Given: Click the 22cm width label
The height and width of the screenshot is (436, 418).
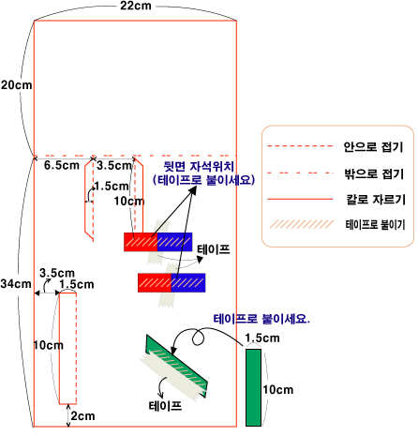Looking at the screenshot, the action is pos(136,6).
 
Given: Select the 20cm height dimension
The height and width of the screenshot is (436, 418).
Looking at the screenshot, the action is pos(16,85).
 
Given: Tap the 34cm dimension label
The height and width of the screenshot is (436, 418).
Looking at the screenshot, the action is pos(16,284).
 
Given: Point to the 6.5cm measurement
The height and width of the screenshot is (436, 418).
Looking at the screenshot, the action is pos(62,165).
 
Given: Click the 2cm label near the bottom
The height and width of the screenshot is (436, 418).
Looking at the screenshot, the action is pos(82,416).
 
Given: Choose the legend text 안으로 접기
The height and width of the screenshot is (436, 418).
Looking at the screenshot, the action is pos(373,146).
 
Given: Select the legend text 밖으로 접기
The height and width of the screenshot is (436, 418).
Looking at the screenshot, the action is pos(374,173).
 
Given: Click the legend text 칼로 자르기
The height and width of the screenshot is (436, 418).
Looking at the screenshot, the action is pos(376,199).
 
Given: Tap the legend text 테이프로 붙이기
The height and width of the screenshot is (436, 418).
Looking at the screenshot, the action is pos(375,224).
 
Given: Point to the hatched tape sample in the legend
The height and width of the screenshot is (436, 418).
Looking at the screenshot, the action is pos(302,224).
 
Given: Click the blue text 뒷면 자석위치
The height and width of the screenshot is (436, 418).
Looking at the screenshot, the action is pos(199,167).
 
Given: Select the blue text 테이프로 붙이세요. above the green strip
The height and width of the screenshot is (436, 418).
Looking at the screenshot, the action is pos(261,319).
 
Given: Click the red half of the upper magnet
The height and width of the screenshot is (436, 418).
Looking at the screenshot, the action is pos(141,242).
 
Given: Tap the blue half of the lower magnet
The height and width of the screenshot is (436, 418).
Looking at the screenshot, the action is pos(188,282).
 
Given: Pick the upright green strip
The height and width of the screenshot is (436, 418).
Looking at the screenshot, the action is pos(253,387).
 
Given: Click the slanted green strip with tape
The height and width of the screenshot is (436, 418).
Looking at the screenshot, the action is pos(176,367).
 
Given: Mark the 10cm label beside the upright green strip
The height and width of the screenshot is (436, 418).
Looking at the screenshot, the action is pos(278,390).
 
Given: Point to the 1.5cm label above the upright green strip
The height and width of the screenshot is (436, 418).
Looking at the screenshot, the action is pos(262,338).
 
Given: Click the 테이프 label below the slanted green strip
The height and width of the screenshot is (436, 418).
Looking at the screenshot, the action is pos(165,406).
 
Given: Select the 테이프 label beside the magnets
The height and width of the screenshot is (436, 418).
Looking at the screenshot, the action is pos(214,249).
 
